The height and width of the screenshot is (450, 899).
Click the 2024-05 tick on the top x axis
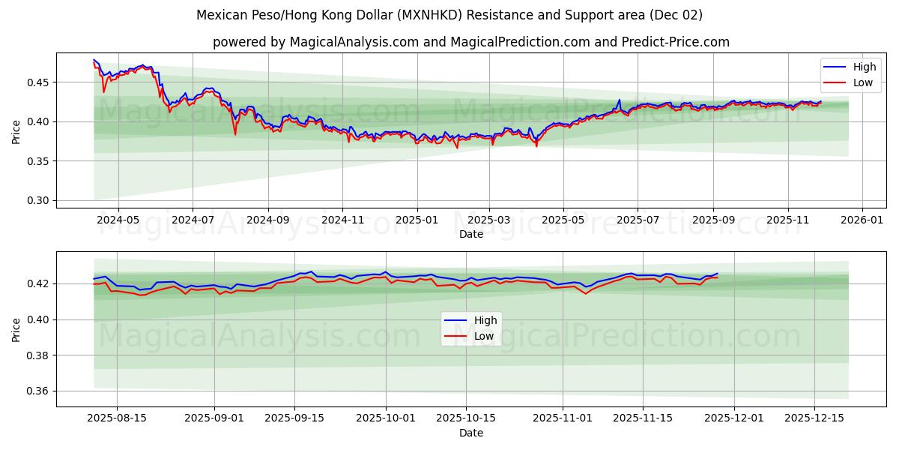(118, 220)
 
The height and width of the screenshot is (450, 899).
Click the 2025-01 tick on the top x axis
(416, 220)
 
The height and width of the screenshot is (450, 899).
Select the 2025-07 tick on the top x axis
(638, 220)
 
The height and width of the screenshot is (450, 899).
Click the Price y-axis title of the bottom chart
(16, 328)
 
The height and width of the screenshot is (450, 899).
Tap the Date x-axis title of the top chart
(470, 234)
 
